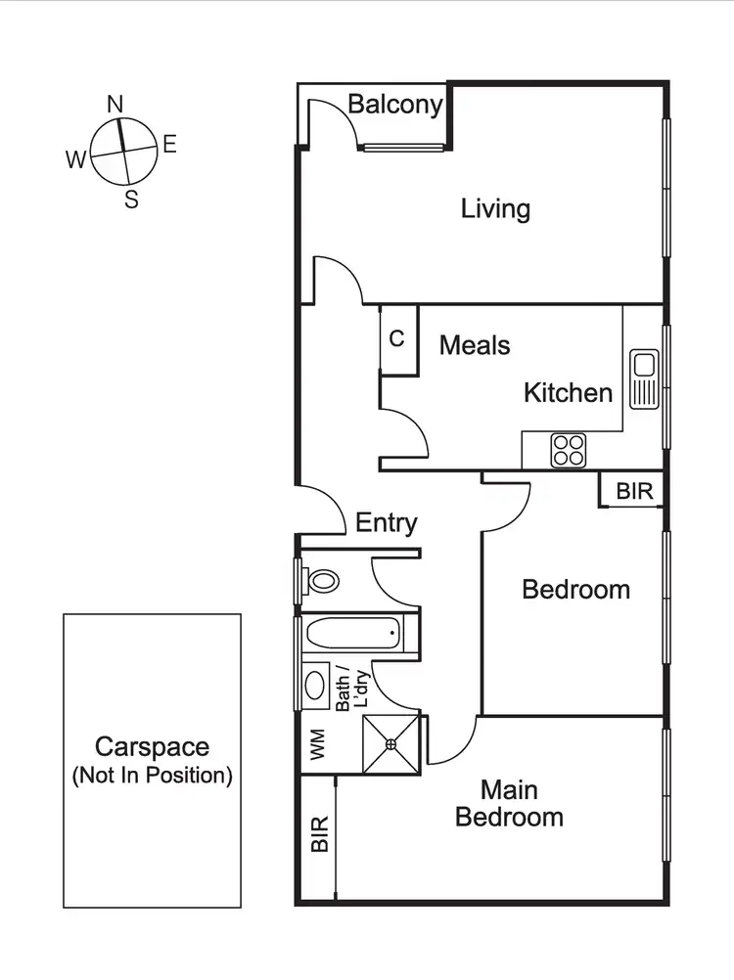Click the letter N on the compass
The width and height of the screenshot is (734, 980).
(115, 104)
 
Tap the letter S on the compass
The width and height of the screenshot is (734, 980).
(131, 200)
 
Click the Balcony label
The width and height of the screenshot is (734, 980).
(395, 105)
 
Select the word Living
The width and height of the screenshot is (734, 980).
(495, 208)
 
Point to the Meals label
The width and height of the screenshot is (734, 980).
(475, 344)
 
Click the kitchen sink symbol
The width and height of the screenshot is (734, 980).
(644, 379)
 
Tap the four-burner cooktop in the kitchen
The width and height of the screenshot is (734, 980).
(568, 450)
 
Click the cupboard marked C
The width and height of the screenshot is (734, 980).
(397, 339)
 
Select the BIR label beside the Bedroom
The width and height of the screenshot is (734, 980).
(634, 491)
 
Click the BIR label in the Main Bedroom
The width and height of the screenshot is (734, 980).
(319, 834)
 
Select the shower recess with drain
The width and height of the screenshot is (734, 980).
(390, 743)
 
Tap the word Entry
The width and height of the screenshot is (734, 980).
(387, 523)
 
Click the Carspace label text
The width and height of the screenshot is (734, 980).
(152, 760)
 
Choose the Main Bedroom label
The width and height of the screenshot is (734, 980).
(509, 803)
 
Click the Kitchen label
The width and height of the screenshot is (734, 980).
(568, 393)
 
